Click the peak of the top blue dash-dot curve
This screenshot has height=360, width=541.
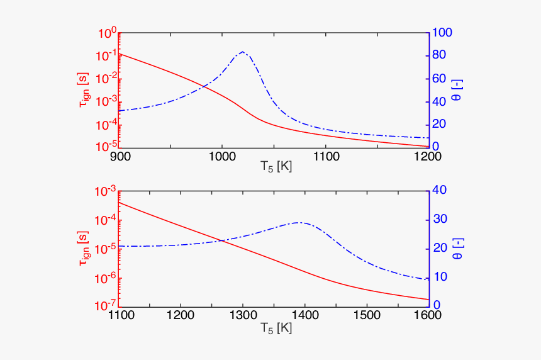click(243, 52)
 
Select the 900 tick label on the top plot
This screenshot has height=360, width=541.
click(120, 157)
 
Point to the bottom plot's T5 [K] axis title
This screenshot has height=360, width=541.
click(276, 327)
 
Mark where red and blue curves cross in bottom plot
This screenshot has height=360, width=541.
click(221, 240)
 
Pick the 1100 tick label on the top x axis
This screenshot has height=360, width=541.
click(325, 157)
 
